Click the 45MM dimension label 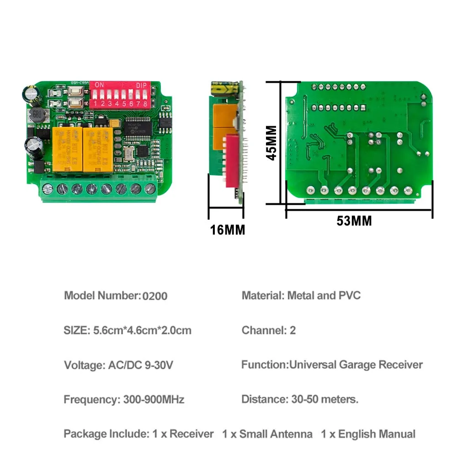pyautogui.click(x=271, y=143)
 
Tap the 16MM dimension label pyautogui.click(x=227, y=229)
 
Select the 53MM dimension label pyautogui.click(x=354, y=221)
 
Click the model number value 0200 pyautogui.click(x=155, y=296)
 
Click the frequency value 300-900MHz pyautogui.click(x=154, y=399)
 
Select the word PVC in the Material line pyautogui.click(x=350, y=295)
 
